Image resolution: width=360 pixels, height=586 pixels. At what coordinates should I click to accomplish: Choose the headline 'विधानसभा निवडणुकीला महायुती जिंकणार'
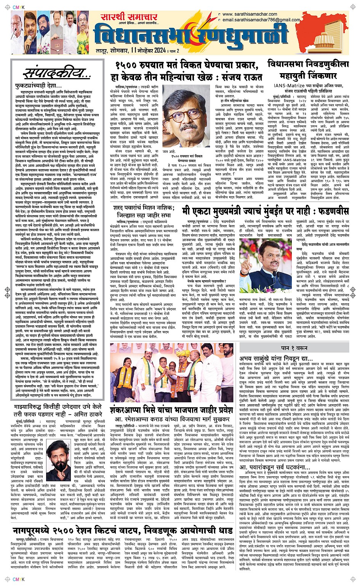tap(308, 70)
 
